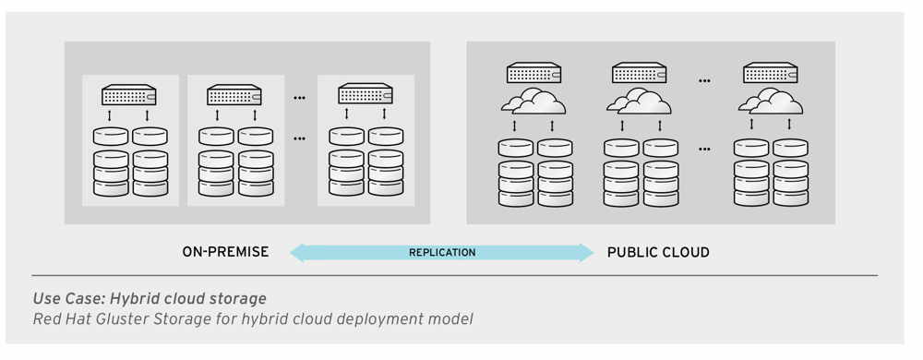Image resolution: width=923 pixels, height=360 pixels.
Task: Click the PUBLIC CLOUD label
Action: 658,252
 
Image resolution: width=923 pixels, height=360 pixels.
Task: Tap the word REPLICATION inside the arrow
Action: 442,252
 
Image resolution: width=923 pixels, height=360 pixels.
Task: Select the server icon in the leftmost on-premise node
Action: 129,94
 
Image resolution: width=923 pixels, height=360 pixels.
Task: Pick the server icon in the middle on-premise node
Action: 234,94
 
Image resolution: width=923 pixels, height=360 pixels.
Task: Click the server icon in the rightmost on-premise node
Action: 366,94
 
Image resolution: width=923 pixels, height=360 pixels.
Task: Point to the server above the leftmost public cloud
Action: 533,73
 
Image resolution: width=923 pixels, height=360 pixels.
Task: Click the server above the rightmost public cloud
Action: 771,73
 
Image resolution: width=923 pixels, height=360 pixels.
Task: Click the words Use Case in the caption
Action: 66,299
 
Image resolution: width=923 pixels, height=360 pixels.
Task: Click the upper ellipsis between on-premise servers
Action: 300,95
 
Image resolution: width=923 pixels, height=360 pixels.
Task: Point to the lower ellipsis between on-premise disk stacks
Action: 300,138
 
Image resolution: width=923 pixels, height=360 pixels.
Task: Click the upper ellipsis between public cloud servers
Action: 705,80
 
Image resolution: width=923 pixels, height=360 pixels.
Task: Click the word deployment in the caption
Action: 386,319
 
